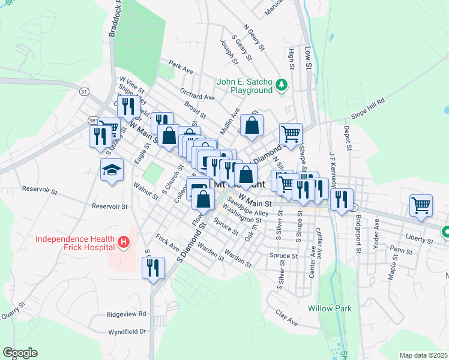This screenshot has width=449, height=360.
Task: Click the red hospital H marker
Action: tap(124, 242)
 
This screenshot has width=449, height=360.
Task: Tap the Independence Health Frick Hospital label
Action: tap(74, 243)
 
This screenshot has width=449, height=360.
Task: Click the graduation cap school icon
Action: tap(112, 170)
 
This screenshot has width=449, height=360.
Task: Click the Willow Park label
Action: tap(330, 308)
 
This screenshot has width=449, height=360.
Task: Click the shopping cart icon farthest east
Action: tap(421, 205)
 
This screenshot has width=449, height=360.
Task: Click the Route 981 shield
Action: tap(93, 120)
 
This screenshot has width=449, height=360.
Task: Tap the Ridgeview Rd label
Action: tap(126, 314)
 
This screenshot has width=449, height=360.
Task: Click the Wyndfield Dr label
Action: tap(127, 331)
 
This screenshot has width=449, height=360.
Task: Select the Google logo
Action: tap(20, 353)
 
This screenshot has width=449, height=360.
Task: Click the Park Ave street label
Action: tap(181, 67)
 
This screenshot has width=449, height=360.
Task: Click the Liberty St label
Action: tap(419, 239)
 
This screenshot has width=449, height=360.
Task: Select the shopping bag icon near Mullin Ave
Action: tap(252, 125)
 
